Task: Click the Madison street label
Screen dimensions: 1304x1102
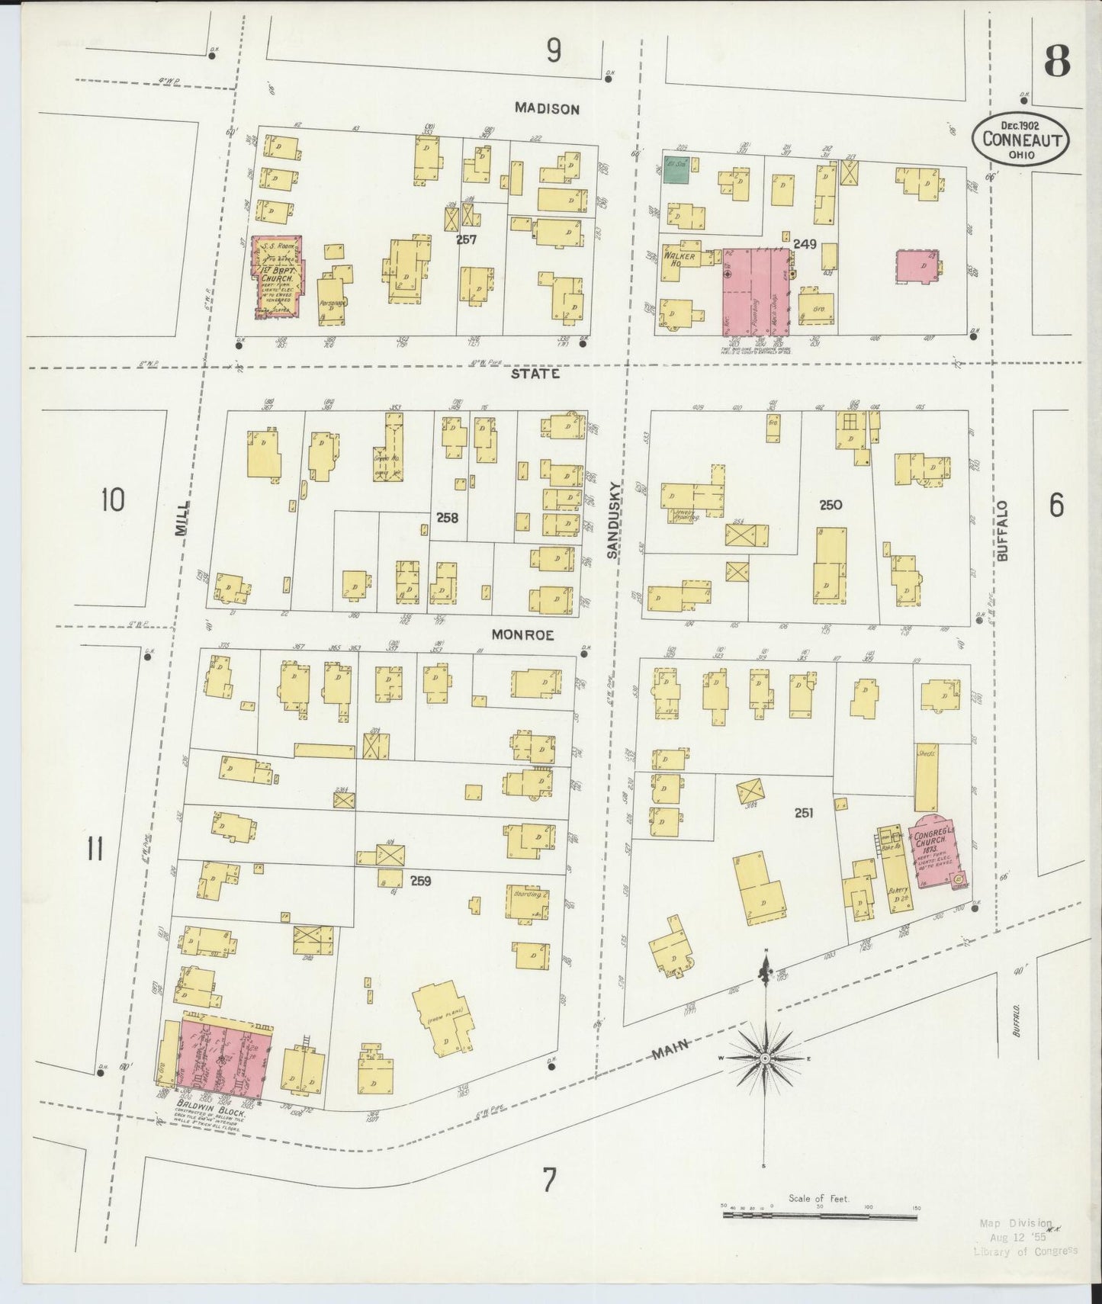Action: [546, 109]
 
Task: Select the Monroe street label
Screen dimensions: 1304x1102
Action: [522, 634]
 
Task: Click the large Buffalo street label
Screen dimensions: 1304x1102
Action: [1001, 531]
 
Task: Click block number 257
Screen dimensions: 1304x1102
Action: [466, 239]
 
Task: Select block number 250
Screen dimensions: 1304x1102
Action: [830, 505]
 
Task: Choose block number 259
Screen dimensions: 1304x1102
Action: [420, 881]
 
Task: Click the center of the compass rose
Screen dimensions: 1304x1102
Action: [764, 1058]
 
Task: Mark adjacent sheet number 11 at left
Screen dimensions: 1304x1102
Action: [95, 849]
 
